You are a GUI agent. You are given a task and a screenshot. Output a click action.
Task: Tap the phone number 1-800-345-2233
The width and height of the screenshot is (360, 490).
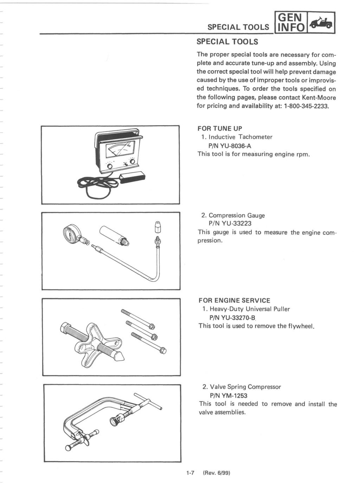click(x=307, y=106)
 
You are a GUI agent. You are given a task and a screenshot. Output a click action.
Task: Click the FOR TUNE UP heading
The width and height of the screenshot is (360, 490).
click(x=220, y=128)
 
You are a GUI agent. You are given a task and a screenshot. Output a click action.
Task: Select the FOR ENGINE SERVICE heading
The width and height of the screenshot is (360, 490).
click(x=234, y=301)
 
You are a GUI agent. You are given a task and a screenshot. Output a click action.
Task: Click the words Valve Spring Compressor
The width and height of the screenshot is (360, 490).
click(x=245, y=387)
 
